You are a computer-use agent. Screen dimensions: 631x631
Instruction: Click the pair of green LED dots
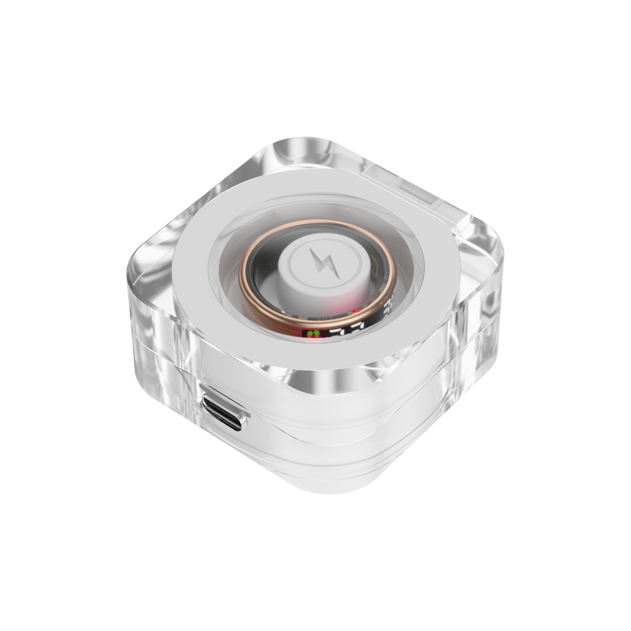pyautogui.click(x=312, y=334)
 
